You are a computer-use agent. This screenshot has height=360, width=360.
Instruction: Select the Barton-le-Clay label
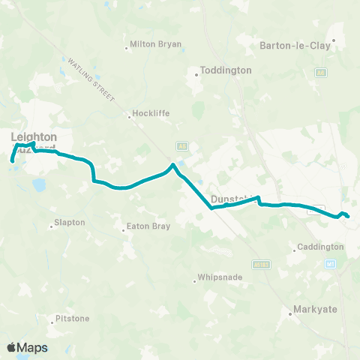coord(295,45)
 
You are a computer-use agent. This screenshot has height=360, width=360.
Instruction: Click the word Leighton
coord(34,136)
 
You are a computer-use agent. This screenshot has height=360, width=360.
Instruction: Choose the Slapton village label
coord(70,223)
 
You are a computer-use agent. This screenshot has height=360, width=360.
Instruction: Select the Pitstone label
coord(73,319)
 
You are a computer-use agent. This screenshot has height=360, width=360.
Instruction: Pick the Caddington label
coord(320,247)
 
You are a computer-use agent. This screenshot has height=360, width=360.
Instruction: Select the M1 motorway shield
coord(329,264)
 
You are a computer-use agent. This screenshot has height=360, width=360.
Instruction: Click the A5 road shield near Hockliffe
coord(181,145)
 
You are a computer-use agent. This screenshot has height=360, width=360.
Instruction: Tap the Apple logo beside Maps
coord(11,347)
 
